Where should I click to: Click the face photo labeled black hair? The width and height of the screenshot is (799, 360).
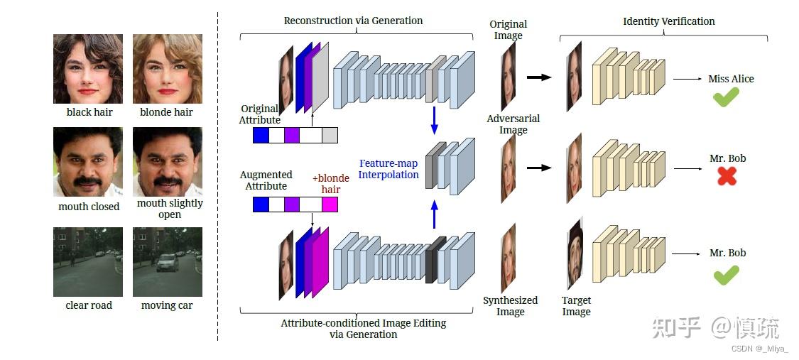(88, 69)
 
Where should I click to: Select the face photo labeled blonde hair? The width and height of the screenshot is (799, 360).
(167, 69)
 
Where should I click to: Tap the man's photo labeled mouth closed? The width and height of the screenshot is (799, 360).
(88, 162)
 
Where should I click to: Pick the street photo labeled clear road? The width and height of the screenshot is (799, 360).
(88, 261)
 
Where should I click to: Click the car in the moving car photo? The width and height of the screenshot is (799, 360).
(165, 263)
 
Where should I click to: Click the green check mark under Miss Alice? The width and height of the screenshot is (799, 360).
(726, 98)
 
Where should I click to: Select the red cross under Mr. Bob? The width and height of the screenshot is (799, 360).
(726, 176)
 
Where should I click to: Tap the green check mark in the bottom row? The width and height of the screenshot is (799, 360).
(726, 274)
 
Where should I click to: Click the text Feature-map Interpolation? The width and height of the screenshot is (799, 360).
(388, 169)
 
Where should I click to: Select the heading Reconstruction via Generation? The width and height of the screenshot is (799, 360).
(353, 21)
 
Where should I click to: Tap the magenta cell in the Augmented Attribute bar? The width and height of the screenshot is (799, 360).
(330, 204)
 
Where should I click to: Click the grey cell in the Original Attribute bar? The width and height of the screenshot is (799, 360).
(330, 135)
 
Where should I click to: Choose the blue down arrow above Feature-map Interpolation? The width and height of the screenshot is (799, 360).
(435, 120)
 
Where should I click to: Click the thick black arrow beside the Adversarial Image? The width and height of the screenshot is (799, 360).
(539, 168)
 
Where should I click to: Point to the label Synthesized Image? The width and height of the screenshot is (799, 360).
(510, 306)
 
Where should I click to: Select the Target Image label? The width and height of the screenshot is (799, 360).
(576, 306)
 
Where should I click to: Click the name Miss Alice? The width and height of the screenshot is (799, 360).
(731, 79)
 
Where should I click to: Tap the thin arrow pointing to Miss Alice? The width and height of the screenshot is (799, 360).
(687, 79)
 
